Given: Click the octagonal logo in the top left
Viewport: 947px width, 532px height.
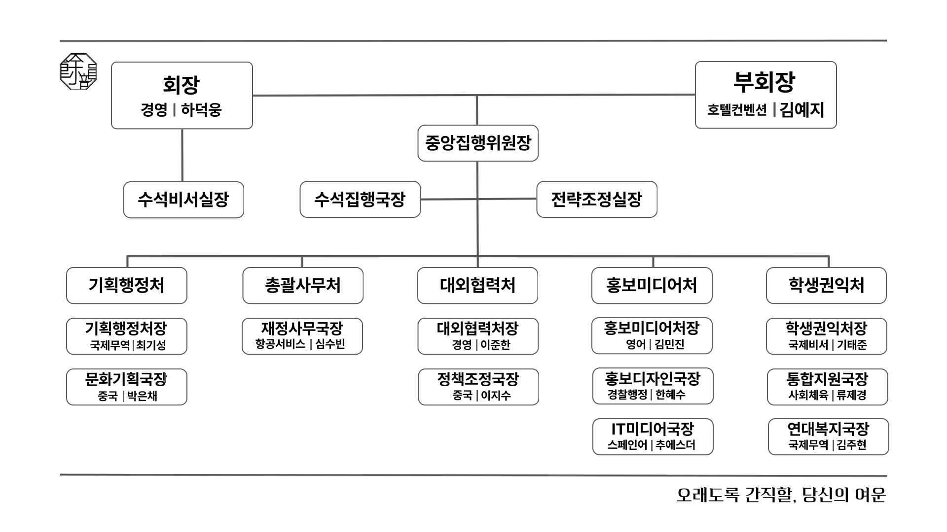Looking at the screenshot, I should [78, 72].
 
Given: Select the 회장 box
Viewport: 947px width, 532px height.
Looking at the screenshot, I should [182, 95].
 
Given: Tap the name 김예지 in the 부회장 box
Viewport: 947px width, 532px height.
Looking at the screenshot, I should [802, 109].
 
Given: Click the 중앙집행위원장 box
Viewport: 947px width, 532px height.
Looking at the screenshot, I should [477, 143].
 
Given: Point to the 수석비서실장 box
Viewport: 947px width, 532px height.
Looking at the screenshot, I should [183, 199].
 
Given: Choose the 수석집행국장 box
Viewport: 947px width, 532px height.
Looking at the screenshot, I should [360, 199].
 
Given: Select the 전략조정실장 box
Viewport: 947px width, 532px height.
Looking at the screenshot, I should [596, 199].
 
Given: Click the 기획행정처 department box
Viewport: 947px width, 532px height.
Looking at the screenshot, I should [127, 285].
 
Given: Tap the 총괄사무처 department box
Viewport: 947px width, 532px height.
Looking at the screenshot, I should [303, 285].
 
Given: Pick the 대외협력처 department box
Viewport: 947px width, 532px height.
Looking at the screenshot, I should [477, 285].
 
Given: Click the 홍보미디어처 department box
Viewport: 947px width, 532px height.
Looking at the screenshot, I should [652, 285].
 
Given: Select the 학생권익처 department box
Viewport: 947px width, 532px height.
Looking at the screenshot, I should [826, 285].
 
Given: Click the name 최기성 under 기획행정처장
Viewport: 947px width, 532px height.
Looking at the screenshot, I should [151, 345].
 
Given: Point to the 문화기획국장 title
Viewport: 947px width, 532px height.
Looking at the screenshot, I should [126, 379].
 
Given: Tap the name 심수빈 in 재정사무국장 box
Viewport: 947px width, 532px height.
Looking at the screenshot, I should [330, 344].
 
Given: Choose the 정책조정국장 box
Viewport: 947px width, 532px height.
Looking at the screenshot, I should [478, 387].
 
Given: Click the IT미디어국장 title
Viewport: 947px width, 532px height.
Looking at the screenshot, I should [653, 429].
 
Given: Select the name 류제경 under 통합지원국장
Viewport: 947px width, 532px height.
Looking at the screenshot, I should [851, 396].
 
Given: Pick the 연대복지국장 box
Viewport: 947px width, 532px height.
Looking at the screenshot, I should [828, 436].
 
